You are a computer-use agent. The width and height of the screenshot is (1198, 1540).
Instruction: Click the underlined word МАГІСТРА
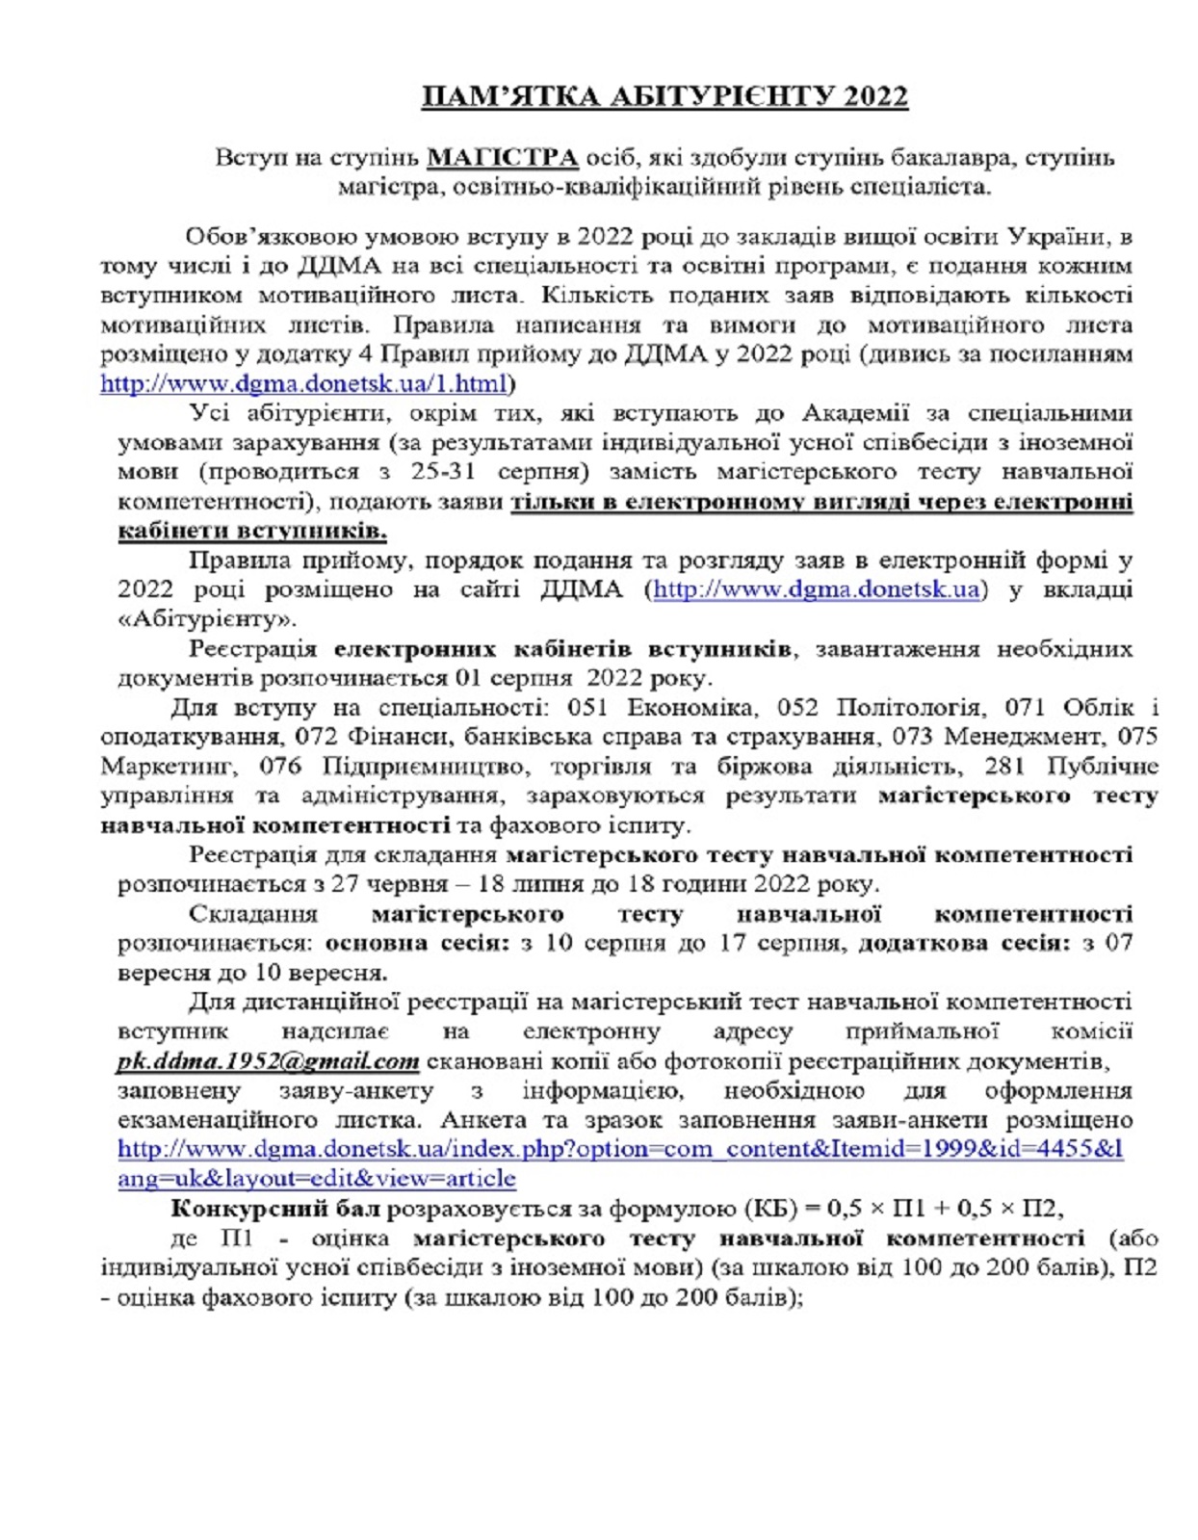pyautogui.click(x=502, y=157)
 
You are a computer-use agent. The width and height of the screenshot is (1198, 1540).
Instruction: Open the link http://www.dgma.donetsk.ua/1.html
pyautogui.click(x=303, y=384)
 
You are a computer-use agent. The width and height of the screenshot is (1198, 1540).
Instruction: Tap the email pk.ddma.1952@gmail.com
pyautogui.click(x=268, y=1061)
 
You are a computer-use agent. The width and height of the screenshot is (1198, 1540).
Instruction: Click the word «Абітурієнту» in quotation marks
pyautogui.click(x=207, y=618)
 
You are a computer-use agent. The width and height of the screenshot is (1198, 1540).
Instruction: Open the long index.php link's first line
pyautogui.click(x=620, y=1149)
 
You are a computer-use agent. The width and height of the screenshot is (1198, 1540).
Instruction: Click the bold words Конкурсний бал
pyautogui.click(x=275, y=1209)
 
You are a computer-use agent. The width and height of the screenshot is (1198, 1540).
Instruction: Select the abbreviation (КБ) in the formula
pyautogui.click(x=771, y=1209)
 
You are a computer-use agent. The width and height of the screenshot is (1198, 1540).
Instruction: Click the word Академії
pyautogui.click(x=855, y=413)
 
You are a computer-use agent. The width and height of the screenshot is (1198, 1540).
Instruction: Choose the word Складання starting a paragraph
pyautogui.click(x=253, y=913)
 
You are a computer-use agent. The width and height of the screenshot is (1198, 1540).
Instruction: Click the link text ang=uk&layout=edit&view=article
pyautogui.click(x=317, y=1179)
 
